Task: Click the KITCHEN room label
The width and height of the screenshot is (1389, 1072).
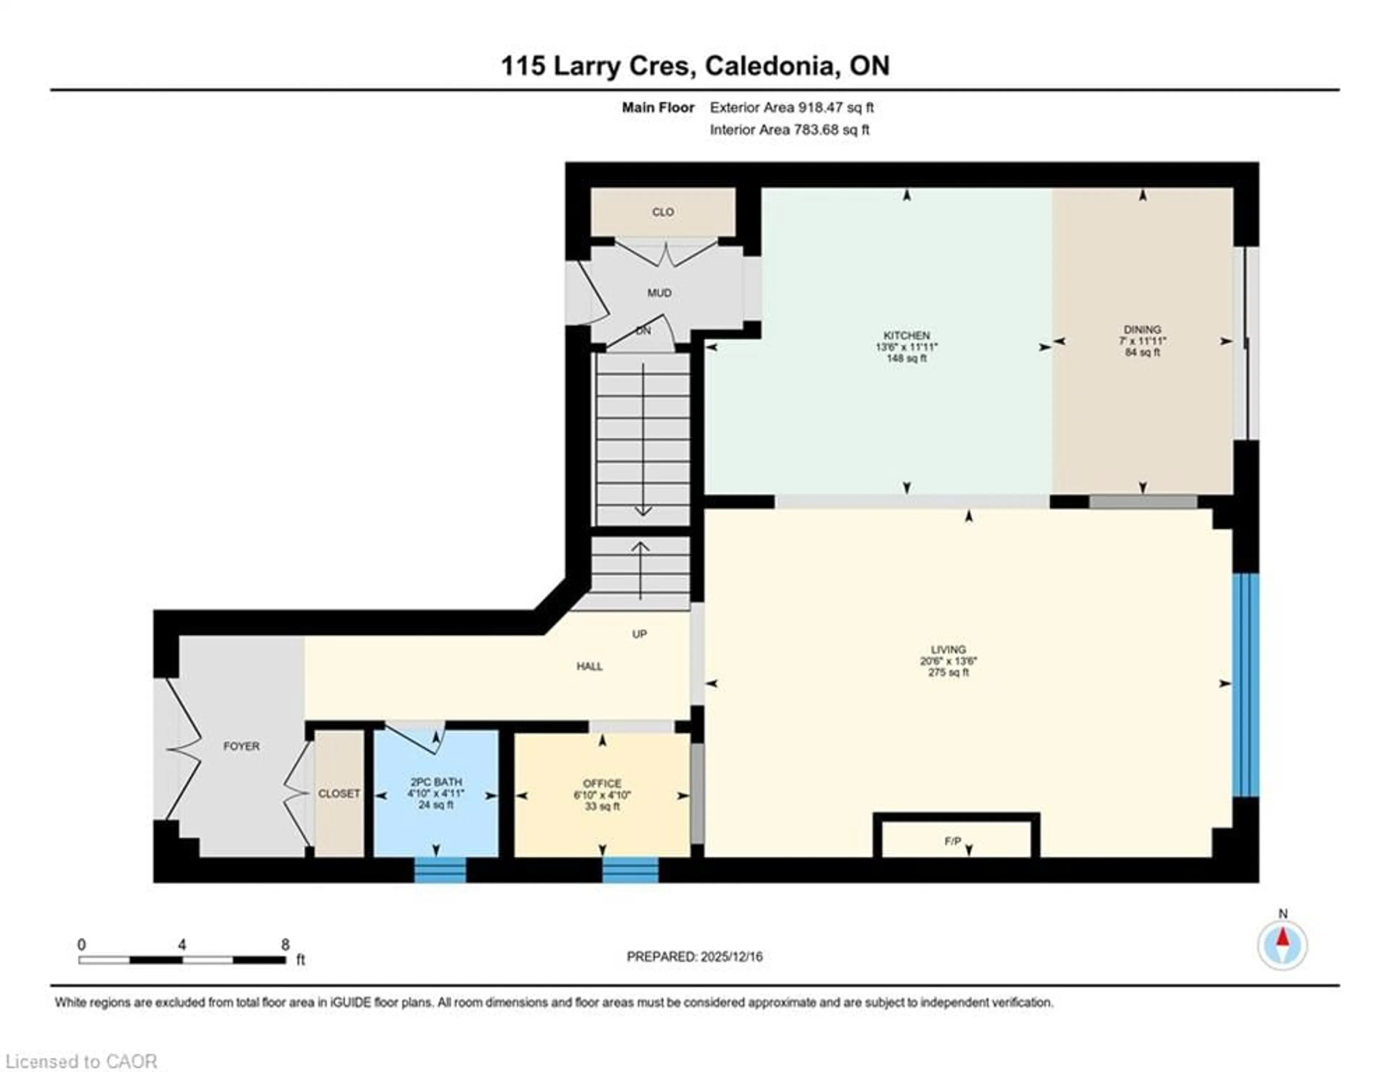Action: [x=906, y=335]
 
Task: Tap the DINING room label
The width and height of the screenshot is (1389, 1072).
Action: [x=1142, y=329]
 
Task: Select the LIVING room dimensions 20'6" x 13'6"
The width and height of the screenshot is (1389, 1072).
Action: [x=948, y=661]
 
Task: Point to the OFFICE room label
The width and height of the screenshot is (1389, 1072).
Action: [x=602, y=783]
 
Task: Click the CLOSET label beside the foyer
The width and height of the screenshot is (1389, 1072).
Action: [x=339, y=794]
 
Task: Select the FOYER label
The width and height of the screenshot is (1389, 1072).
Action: [x=241, y=746]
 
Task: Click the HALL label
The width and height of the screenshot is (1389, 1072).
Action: [x=590, y=666]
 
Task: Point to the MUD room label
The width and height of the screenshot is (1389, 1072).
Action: [x=659, y=293]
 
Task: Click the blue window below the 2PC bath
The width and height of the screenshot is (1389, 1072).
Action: [x=440, y=870]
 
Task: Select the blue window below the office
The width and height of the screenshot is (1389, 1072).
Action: [x=630, y=870]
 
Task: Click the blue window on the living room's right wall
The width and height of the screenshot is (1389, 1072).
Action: [x=1245, y=685]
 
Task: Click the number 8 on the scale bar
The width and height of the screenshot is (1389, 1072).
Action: [x=285, y=945]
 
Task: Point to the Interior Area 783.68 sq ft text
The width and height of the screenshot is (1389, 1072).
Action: [x=789, y=130]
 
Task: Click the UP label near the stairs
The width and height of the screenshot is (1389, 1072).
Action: [x=639, y=634]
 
